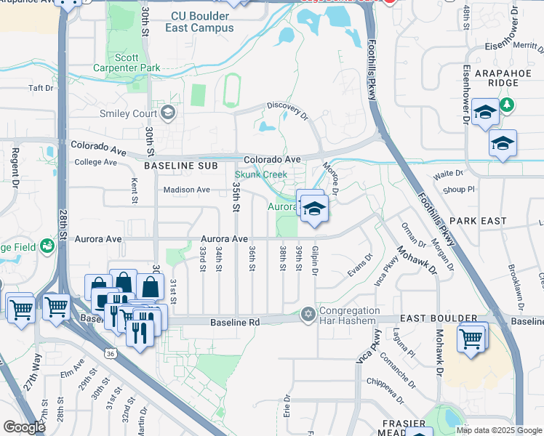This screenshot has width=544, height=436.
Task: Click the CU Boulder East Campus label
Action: (203, 22)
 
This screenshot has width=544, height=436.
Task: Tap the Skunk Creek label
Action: (260, 174)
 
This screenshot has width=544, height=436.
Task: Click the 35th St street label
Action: (236, 196)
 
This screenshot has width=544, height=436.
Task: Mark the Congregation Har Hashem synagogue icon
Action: (308, 314)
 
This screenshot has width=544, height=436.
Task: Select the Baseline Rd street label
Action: (235, 322)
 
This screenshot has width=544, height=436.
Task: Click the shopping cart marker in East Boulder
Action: (472, 337)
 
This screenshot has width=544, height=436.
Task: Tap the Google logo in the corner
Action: (24, 427)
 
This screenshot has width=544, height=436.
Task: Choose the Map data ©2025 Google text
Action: (499, 430)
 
